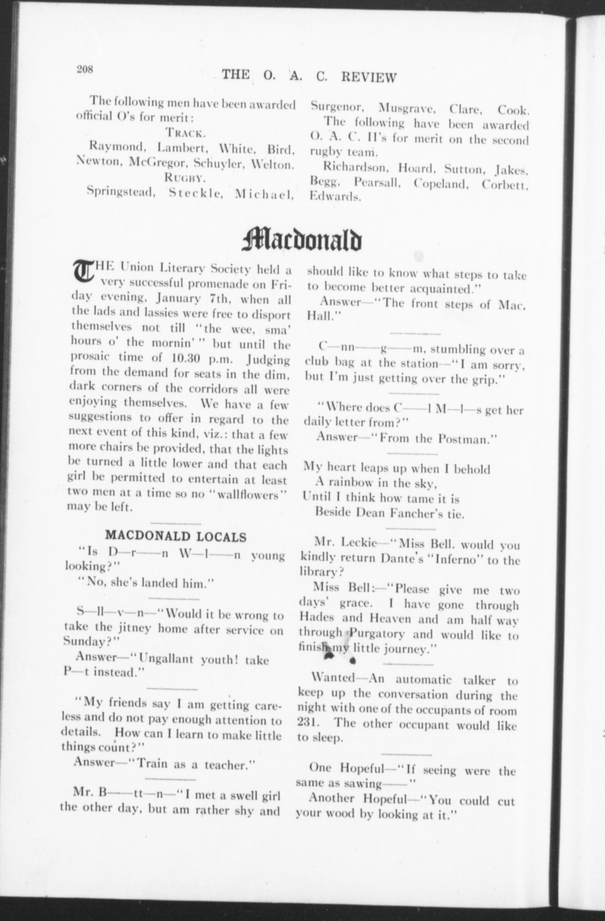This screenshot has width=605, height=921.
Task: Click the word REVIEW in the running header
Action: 368,77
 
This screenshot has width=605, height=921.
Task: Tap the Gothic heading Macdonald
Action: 302,239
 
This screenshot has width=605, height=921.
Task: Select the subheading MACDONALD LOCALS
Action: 176,536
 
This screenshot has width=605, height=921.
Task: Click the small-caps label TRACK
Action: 185,133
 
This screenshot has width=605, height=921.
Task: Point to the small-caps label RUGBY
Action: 185,178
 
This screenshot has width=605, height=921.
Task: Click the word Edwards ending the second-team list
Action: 335,196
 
